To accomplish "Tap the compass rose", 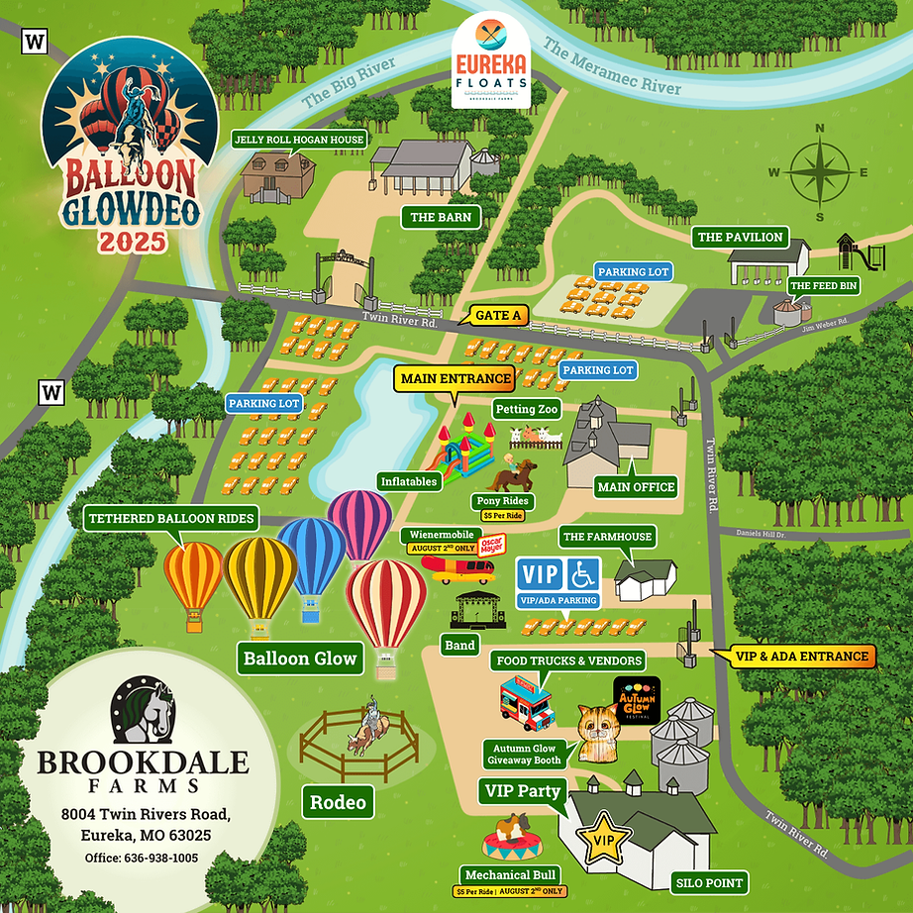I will [818, 172].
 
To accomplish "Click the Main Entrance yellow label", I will [456, 378].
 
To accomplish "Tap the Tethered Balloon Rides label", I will [172, 519].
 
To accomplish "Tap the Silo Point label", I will [709, 882].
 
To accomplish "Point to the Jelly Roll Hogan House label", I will [298, 140].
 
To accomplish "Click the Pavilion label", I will [741, 238].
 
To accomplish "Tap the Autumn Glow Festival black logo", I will [637, 700].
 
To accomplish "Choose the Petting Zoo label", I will [526, 408].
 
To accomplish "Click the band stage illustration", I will [479, 611].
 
